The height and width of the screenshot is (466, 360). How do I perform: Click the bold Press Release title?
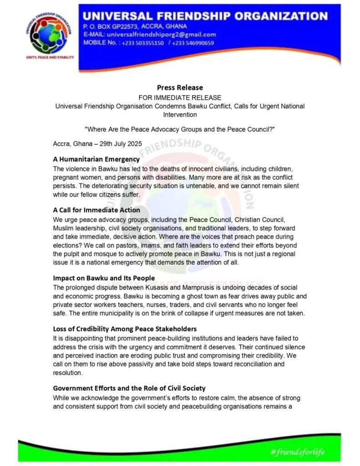coord(180,87)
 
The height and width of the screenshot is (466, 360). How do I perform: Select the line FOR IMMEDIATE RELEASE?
coord(180,97)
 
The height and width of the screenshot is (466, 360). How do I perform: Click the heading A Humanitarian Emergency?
coord(96,159)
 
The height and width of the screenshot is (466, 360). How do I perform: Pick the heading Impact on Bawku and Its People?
coord(104,278)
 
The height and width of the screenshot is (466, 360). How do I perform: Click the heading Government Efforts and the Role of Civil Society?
coord(129,388)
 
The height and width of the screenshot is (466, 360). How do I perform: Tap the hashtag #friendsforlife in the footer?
coord(297,452)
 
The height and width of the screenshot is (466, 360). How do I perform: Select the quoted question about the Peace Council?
coord(180,129)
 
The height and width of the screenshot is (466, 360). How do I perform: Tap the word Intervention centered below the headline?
coord(180,114)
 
